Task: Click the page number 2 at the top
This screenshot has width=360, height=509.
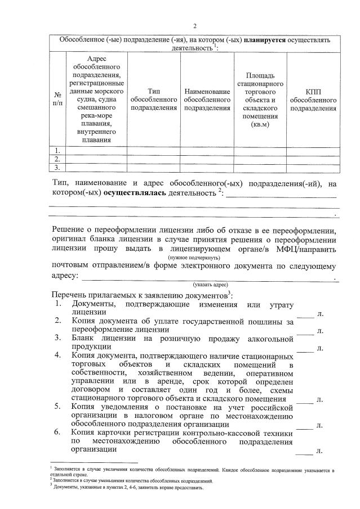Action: tap(194, 26)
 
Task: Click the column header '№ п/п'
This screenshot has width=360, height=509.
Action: tap(57, 99)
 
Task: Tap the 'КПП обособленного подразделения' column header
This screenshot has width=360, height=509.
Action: tap(313, 99)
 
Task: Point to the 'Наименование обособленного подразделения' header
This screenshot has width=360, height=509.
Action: tap(207, 99)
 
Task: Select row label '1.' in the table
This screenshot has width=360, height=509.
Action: tap(57, 151)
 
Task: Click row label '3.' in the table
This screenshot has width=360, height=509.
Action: tap(57, 167)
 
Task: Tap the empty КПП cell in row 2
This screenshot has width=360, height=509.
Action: tap(313, 159)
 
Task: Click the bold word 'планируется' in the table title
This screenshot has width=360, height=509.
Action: tap(264, 41)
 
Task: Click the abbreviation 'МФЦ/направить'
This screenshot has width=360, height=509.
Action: tap(307, 249)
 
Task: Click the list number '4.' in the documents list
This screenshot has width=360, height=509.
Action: tap(58, 356)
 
